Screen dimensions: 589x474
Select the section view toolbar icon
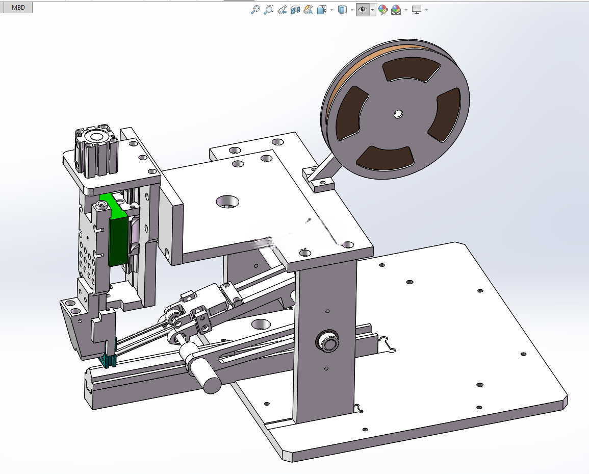tap(295, 10)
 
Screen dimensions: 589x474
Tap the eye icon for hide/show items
tap(363, 10)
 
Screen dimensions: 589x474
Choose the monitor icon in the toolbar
tap(416, 10)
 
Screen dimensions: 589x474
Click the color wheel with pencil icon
tap(383, 10)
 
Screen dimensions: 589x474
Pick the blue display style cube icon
tap(342, 10)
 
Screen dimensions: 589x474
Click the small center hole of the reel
tap(398, 113)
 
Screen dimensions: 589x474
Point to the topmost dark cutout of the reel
tap(412, 69)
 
